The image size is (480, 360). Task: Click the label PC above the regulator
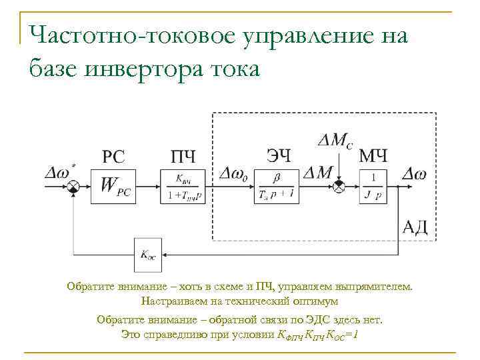click(x=113, y=157)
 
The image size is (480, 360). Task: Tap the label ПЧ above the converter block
click(x=183, y=157)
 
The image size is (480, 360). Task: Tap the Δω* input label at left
click(x=58, y=172)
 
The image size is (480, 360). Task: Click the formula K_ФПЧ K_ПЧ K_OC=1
click(x=317, y=333)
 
